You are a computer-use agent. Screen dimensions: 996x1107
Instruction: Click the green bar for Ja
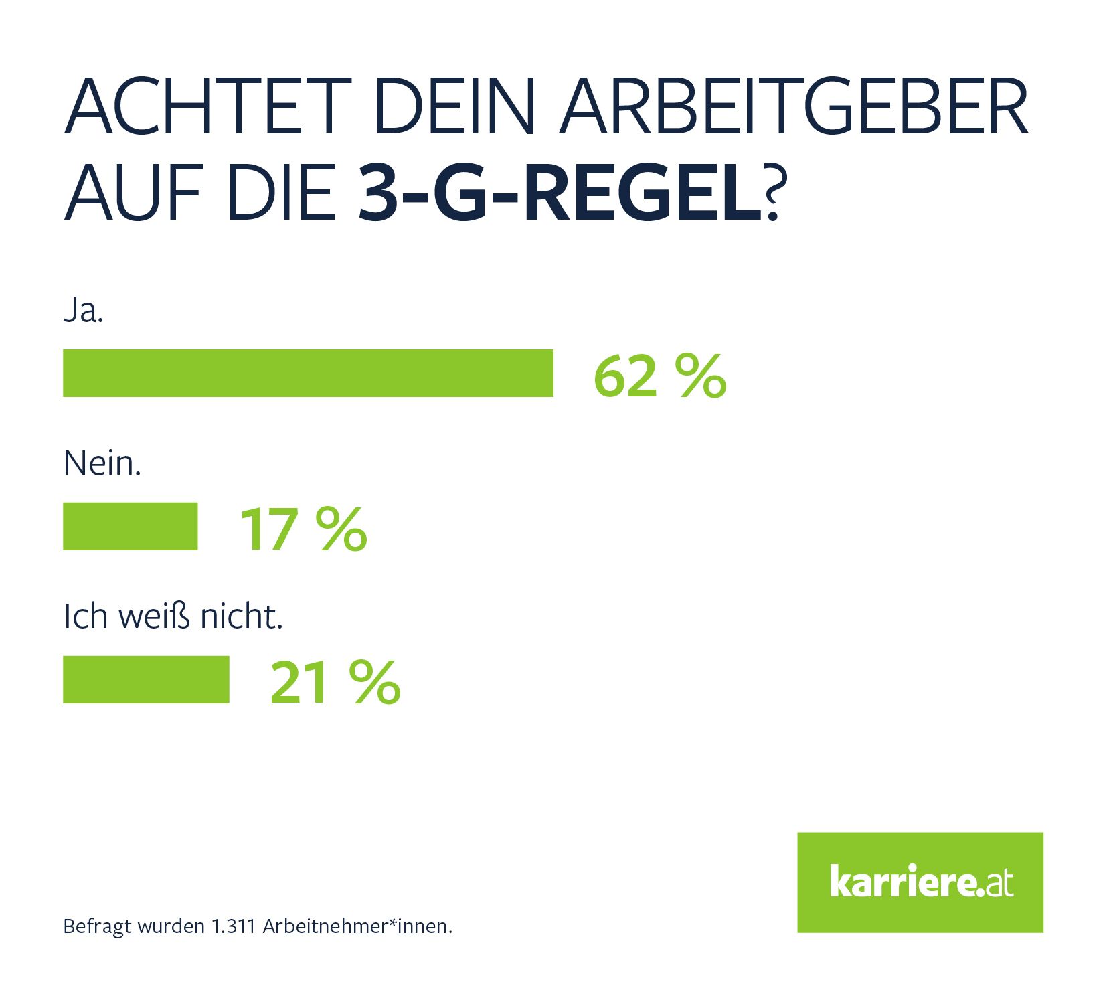[308, 373]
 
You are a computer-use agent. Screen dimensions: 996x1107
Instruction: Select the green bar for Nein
[130, 526]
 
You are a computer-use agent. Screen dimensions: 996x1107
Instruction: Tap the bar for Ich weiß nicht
[146, 679]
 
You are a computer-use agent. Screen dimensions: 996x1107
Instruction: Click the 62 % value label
[659, 376]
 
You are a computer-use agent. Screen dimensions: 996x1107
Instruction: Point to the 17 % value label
[303, 529]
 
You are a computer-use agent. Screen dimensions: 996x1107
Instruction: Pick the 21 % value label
[335, 683]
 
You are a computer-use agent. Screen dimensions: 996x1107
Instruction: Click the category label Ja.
[84, 311]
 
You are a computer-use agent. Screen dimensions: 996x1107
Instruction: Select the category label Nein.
[102, 463]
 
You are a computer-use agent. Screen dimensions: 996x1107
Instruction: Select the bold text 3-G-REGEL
[560, 192]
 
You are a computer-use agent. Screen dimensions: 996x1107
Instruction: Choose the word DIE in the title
[281, 192]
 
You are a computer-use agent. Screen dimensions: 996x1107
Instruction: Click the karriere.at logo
[920, 882]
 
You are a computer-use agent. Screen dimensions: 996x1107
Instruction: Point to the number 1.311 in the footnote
[233, 926]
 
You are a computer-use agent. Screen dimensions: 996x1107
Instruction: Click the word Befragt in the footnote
[96, 926]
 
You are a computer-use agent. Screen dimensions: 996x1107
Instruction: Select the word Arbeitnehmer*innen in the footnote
[357, 926]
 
